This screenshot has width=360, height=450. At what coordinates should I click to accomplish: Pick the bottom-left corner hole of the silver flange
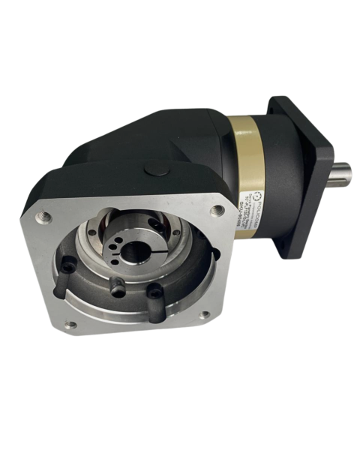tap(70, 325)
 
